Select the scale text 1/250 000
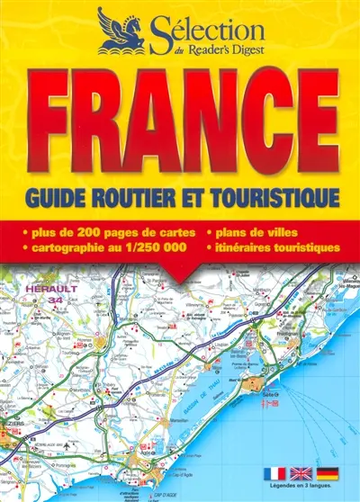(164, 246)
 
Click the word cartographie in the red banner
(71, 246)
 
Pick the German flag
(326, 473)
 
